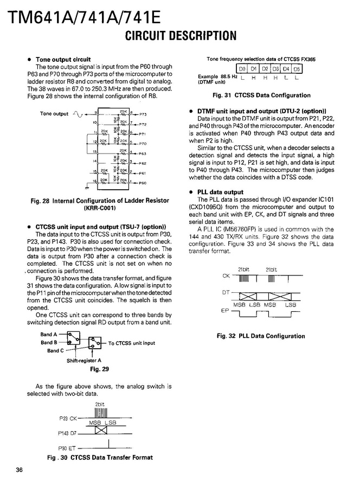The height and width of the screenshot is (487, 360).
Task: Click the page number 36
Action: coord(20,470)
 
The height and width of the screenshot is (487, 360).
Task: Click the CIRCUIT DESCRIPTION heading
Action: coord(181,36)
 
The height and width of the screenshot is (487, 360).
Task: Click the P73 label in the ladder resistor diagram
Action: coord(143,115)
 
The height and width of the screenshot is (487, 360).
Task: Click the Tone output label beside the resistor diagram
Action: coord(54,114)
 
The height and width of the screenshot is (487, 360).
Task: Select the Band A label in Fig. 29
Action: coord(48,335)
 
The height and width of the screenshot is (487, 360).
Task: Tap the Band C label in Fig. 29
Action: coord(54,351)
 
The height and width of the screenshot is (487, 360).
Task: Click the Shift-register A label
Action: coord(84,361)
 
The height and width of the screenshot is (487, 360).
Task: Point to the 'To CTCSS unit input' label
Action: coord(132,343)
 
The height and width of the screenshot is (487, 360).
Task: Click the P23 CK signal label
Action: coord(67,418)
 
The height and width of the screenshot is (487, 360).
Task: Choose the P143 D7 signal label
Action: coord(67,433)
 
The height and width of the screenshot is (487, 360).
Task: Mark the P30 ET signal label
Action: coord(67,448)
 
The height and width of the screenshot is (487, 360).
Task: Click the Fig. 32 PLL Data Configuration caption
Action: coord(261,336)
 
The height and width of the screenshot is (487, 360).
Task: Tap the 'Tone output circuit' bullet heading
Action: coord(63,59)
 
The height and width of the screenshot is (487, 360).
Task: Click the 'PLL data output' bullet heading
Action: coord(221,192)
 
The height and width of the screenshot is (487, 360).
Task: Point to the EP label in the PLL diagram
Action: coord(226,310)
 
